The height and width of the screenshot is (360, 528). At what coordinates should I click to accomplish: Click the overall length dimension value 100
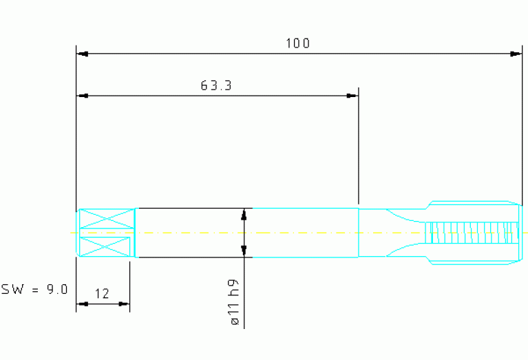(297, 43)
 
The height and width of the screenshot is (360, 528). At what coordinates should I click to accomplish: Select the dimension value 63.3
(216, 85)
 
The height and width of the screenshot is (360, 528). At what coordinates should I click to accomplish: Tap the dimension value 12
(102, 294)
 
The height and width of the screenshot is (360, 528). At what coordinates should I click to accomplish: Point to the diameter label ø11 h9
(234, 302)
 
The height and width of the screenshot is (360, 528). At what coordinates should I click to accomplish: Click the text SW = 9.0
(34, 289)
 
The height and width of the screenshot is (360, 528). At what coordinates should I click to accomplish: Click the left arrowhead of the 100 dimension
(83, 54)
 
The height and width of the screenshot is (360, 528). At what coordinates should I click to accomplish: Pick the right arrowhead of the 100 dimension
(516, 54)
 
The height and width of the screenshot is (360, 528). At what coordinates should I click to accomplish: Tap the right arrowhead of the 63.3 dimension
(352, 96)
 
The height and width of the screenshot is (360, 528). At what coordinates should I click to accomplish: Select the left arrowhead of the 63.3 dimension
(83, 96)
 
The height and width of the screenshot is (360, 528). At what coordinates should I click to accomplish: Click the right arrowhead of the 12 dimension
(124, 304)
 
